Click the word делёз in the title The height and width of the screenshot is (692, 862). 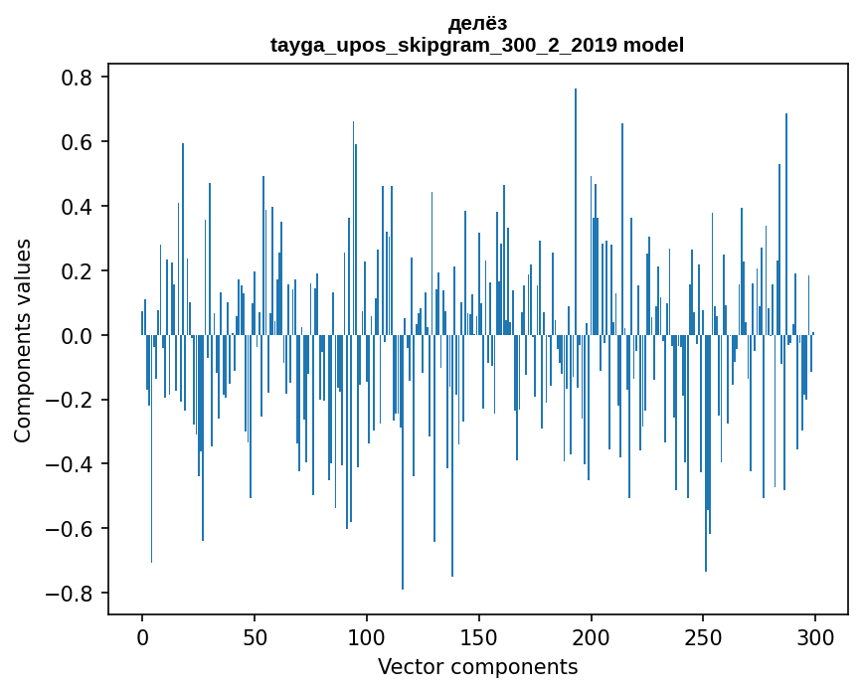[477, 23]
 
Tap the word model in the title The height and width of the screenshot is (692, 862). [653, 45]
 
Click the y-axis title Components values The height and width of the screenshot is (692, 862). [23, 340]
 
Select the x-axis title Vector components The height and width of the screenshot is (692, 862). [477, 666]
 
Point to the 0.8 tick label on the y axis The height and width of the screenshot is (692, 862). [77, 78]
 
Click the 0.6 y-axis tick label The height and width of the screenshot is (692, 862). [77, 142]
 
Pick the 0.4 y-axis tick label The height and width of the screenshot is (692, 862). [77, 207]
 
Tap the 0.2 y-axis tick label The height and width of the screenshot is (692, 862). [77, 271]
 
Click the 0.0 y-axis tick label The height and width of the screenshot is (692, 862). [77, 336]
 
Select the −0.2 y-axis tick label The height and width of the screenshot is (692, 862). [70, 401]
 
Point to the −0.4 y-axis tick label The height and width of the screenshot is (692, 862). [70, 464]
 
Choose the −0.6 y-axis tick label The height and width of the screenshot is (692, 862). [70, 529]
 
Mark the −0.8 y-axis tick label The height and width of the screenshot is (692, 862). [70, 594]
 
